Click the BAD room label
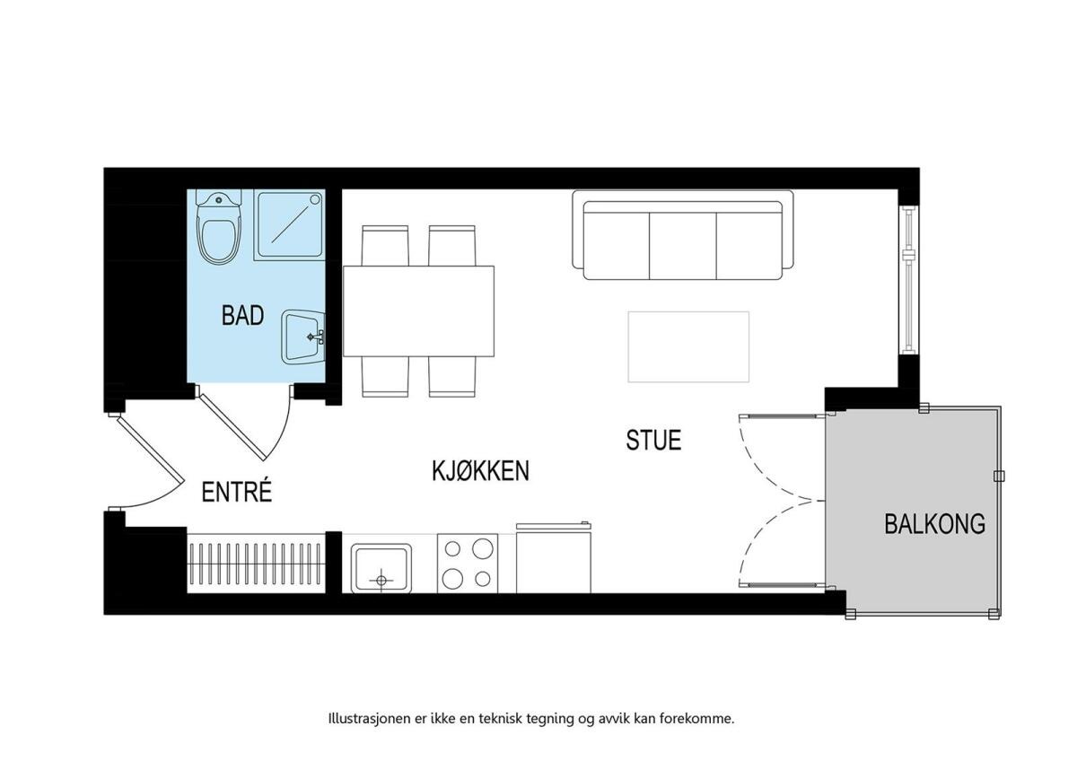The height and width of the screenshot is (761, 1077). pos(243,316)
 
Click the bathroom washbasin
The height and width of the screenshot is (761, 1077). pos(303,337)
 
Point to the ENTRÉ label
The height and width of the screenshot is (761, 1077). pos(237,493)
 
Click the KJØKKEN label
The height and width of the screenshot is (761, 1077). pos(480,471)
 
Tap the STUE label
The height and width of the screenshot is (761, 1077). pos(653,441)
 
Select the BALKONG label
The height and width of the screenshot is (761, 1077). pos(935,524)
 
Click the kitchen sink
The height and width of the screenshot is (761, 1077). pos(381,568)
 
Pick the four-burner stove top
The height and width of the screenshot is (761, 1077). pos(468,564)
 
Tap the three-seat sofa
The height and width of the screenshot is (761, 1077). pos(683,234)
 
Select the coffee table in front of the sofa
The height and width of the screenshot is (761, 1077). pos(688,346)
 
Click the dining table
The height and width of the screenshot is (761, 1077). pos(419,311)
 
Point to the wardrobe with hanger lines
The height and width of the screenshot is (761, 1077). pos(256,563)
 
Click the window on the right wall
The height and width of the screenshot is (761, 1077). pos(908,280)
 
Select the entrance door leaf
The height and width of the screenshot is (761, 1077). pos(151,449)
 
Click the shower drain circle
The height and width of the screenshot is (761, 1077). pos(315,199)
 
